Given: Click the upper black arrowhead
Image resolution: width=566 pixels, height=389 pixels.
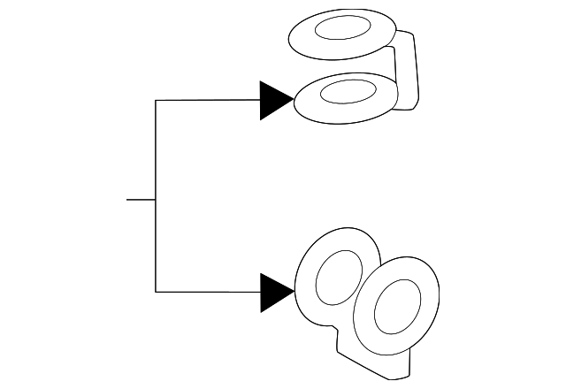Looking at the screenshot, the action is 272,101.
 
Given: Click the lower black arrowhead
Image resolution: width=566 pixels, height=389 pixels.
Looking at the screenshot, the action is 272,292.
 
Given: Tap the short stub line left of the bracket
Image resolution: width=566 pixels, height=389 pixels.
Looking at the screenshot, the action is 141,200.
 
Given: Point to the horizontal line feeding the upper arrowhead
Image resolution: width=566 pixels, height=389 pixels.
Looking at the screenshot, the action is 208,101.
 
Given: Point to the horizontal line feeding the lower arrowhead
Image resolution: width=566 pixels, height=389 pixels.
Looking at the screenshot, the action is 208,292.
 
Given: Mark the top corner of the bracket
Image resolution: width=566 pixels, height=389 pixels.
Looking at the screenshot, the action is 156,101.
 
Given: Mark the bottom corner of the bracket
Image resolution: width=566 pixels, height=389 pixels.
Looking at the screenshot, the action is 156,292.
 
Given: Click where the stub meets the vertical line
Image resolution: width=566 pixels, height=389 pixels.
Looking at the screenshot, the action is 156,200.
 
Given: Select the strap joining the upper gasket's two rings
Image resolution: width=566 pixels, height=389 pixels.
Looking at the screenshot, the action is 407,71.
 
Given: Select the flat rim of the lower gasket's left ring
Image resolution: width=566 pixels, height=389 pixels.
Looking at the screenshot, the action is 309,265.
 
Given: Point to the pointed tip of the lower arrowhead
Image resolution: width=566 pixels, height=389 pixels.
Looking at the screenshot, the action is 293,292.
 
